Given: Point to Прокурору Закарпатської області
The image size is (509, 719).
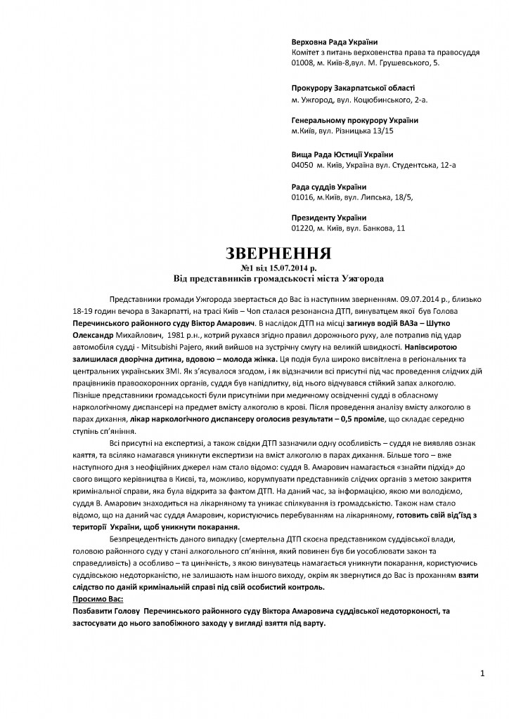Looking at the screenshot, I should [x=353, y=88].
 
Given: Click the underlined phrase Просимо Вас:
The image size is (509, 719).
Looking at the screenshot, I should [x=98, y=600].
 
